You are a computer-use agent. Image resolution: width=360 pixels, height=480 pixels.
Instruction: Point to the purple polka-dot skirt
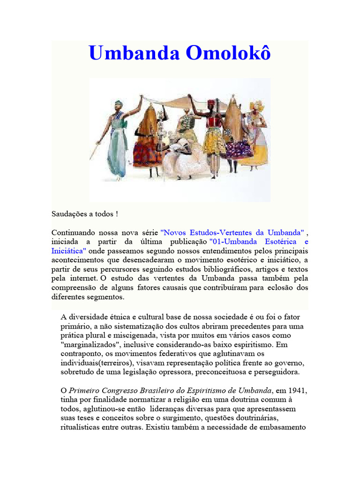pyautogui.click(x=239, y=149)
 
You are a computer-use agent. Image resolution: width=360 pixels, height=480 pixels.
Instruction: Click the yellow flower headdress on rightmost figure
pyautogui.click(x=257, y=105)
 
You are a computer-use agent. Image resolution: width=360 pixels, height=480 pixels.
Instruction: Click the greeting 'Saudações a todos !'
pyautogui.click(x=85, y=214)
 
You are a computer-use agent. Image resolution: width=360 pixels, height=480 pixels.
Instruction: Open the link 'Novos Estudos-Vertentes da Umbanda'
pyautogui.click(x=232, y=232)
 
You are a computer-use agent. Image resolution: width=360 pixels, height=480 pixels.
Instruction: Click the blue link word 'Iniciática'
pyautogui.click(x=68, y=251)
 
